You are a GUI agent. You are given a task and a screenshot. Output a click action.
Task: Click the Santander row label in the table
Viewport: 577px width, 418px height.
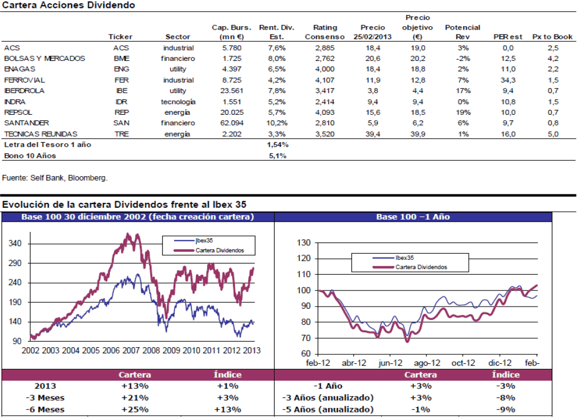[26, 123]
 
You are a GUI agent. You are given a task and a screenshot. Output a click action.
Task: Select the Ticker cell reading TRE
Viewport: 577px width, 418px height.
[121, 134]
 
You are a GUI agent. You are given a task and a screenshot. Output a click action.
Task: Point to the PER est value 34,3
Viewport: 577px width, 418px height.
[507, 80]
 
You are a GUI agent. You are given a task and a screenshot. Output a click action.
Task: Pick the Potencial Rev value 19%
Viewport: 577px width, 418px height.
[463, 112]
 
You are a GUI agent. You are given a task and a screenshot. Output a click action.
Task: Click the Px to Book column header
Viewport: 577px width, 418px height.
[552, 37]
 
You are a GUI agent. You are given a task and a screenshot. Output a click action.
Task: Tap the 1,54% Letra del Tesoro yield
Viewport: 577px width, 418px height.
[277, 144]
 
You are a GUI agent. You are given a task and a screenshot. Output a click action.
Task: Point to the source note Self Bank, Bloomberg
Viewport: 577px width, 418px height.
[55, 178]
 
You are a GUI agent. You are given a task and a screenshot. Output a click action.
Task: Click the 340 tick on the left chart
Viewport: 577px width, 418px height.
[16, 244]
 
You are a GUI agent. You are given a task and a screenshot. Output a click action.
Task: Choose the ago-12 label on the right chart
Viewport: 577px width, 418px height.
[425, 362]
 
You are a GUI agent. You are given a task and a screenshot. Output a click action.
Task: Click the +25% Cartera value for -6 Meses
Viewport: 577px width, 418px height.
[134, 410]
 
